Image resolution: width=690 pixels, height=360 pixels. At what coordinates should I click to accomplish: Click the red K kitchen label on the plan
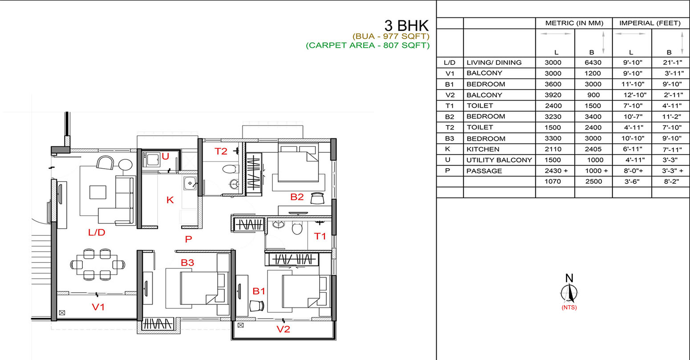pyautogui.click(x=170, y=200)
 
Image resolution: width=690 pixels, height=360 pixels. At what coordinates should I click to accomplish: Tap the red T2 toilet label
pyautogui.click(x=221, y=151)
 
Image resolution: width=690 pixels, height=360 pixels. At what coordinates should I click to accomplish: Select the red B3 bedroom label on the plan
pyautogui.click(x=187, y=263)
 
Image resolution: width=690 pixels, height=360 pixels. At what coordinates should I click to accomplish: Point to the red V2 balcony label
pyautogui.click(x=283, y=329)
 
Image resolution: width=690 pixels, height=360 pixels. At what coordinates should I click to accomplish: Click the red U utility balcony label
pyautogui.click(x=166, y=157)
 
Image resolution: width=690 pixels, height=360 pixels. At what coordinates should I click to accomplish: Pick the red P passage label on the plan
pyautogui.click(x=188, y=239)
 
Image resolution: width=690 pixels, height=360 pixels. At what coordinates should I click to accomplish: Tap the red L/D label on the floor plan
pyautogui.click(x=97, y=232)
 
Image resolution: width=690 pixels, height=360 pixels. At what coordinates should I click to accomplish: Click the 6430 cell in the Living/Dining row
pyautogui.click(x=593, y=62)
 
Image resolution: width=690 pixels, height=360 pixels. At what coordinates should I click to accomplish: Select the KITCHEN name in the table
pyautogui.click(x=483, y=150)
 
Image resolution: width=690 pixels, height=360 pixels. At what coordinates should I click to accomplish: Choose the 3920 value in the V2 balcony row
pyautogui.click(x=553, y=95)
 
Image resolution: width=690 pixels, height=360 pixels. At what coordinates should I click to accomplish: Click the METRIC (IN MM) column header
pyautogui.click(x=574, y=23)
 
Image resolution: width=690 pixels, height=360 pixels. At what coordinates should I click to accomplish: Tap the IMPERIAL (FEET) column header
pyautogui.click(x=650, y=23)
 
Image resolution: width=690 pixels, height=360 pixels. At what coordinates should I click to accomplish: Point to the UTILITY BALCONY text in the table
pyautogui.click(x=499, y=160)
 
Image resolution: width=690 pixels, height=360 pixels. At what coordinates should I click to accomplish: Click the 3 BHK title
pyautogui.click(x=406, y=25)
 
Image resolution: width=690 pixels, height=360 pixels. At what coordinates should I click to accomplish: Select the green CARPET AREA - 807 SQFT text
pyautogui.click(x=368, y=45)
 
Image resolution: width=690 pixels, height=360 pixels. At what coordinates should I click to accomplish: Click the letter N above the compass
pyautogui.click(x=569, y=279)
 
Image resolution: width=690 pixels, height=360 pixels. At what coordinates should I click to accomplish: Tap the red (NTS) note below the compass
pyautogui.click(x=569, y=307)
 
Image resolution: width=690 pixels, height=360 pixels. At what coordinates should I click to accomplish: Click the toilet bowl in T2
pyautogui.click(x=231, y=169)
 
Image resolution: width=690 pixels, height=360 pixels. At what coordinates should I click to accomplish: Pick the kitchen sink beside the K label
pyautogui.click(x=190, y=183)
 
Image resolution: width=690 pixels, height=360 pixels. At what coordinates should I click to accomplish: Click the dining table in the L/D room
pyautogui.click(x=97, y=264)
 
